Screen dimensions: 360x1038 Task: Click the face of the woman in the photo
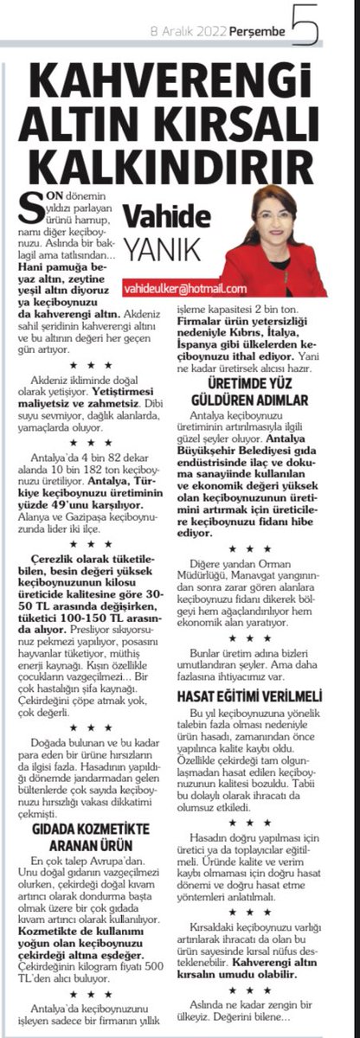pos(270,216)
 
